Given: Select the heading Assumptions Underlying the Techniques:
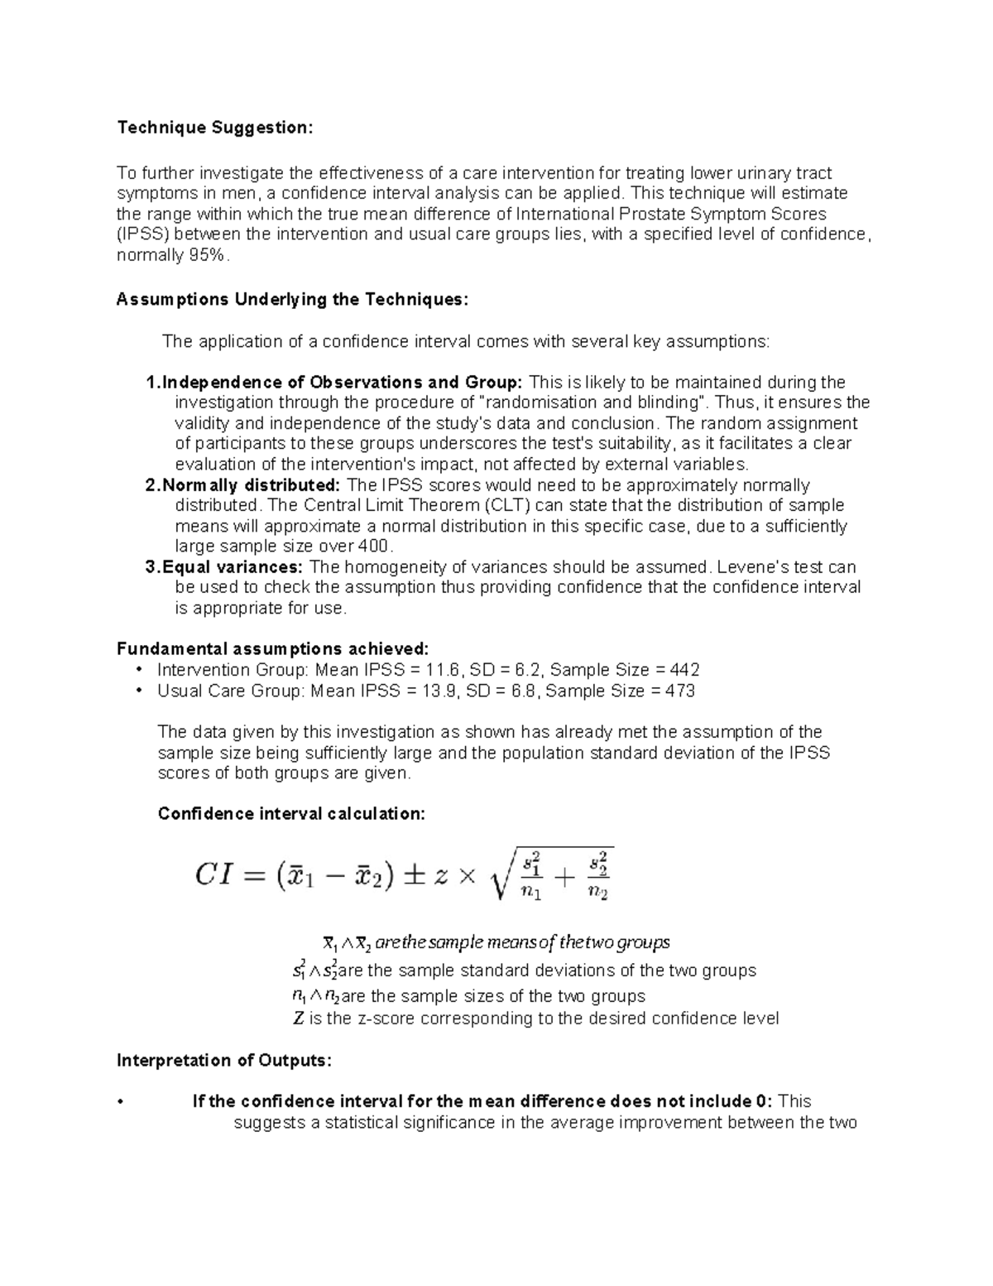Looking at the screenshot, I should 292,300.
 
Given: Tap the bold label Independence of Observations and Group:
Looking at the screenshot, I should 342,383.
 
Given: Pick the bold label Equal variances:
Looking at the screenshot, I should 233,567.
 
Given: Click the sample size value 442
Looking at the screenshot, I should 685,670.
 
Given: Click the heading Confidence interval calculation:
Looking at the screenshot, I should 291,814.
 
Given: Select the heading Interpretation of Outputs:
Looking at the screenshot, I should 224,1061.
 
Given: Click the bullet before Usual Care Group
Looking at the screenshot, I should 139,691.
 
